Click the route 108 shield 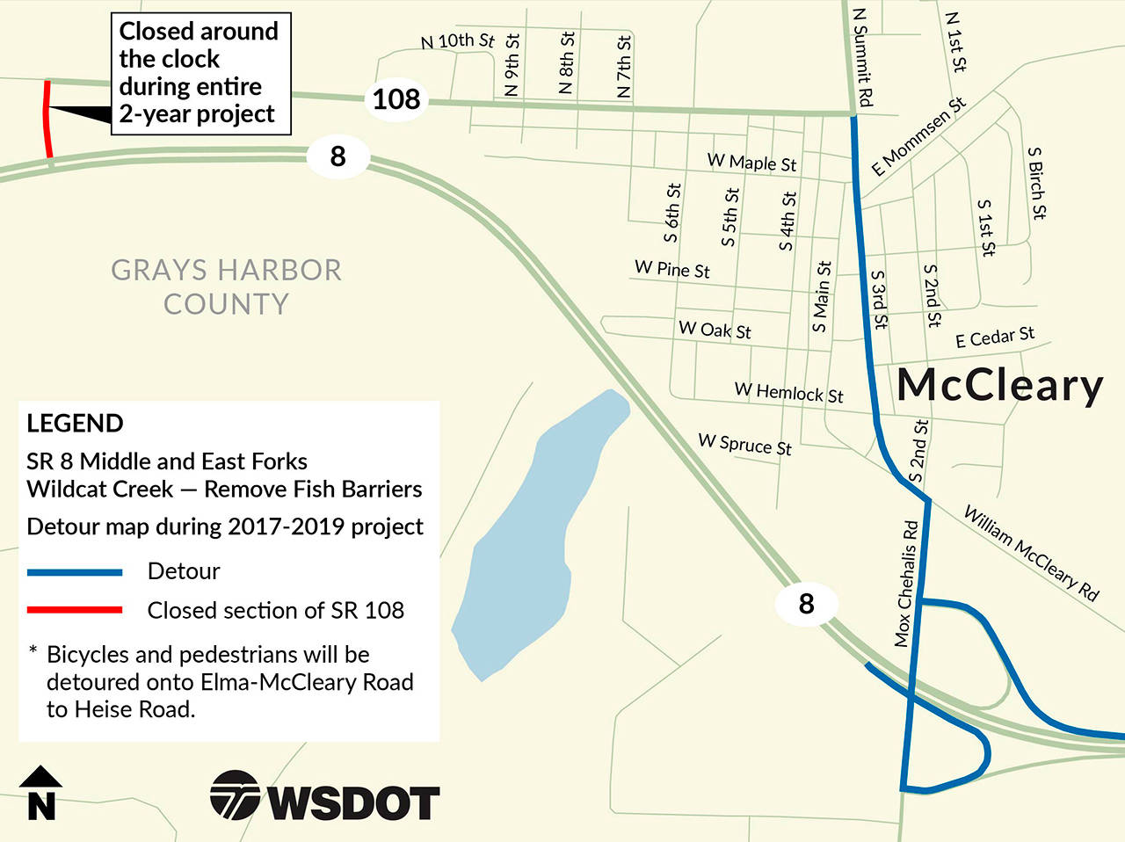pyautogui.click(x=396, y=98)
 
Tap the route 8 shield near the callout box pyautogui.click(x=338, y=156)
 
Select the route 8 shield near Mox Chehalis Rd pyautogui.click(x=806, y=604)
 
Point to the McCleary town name pyautogui.click(x=1000, y=386)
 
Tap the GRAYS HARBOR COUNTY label pyautogui.click(x=226, y=287)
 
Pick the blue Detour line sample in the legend pyautogui.click(x=75, y=572)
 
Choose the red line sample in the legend pyautogui.click(x=75, y=610)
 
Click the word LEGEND pyautogui.click(x=75, y=424)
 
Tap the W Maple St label pyautogui.click(x=752, y=163)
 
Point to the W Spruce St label pyautogui.click(x=745, y=445)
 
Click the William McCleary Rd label pyautogui.click(x=1031, y=553)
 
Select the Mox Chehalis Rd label pyautogui.click(x=906, y=584)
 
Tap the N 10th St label pyautogui.click(x=458, y=40)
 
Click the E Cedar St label pyautogui.click(x=995, y=338)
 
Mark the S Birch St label pyautogui.click(x=1037, y=183)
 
